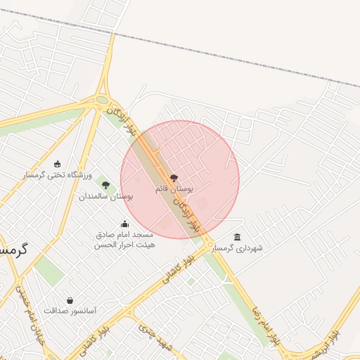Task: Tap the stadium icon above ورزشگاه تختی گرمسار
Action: [x=57, y=164]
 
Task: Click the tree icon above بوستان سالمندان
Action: [x=106, y=186]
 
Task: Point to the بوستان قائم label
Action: [x=174, y=189]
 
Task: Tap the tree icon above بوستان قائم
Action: [x=174, y=179]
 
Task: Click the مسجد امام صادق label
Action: [x=126, y=235]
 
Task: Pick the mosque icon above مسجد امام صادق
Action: [x=125, y=224]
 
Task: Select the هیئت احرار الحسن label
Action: [x=125, y=245]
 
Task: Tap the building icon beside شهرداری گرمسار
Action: [x=237, y=237]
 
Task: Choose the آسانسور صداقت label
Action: [x=70, y=310]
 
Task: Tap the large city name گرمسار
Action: [x=13, y=250]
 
